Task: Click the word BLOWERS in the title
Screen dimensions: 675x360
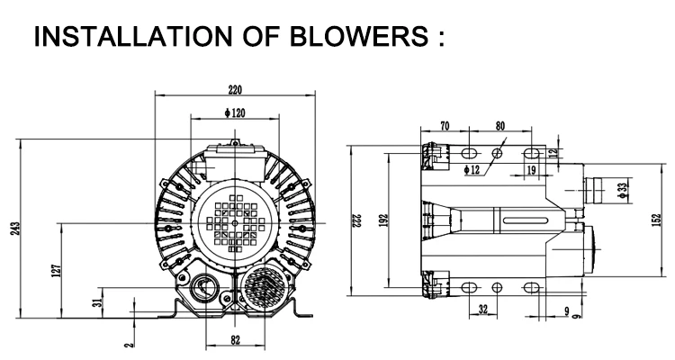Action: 359,36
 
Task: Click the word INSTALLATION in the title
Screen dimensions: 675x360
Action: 133,36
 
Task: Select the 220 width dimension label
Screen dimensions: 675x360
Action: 235,90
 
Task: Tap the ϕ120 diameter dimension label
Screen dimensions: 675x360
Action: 235,112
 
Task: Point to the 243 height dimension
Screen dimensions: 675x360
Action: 14,228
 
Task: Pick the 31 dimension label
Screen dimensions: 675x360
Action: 99,300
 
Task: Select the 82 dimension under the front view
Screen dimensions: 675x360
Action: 235,340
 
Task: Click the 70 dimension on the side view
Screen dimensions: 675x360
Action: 445,126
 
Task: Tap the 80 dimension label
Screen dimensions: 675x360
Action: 499,126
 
